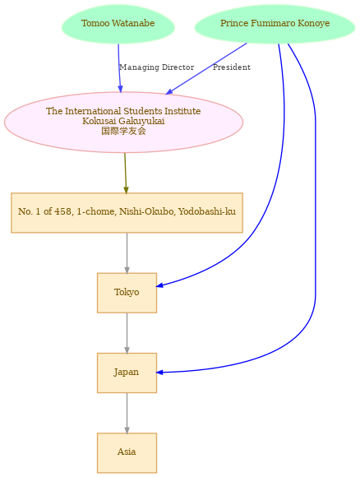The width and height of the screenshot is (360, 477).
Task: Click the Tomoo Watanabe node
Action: pos(118,24)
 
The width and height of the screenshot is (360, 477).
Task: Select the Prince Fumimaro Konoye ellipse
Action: pos(275,24)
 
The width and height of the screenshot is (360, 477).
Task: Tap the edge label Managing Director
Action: pos(157,67)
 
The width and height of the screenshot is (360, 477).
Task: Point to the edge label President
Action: pos(232,67)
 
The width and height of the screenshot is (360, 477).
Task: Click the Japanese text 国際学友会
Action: pos(123,131)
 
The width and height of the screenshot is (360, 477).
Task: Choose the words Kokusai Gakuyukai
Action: pos(123,121)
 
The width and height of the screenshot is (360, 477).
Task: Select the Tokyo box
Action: pos(127,293)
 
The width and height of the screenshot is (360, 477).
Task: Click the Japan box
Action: pos(127,373)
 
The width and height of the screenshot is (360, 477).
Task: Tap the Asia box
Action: pos(127,452)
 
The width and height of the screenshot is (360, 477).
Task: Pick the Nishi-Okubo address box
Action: pos(127,213)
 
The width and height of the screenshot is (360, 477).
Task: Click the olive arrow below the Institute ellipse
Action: pos(125,173)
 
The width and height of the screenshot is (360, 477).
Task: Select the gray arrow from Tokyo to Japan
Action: pos(127,333)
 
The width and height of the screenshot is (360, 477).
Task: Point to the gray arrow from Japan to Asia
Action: pos(127,413)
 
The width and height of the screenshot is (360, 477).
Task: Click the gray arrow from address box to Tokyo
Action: pos(127,252)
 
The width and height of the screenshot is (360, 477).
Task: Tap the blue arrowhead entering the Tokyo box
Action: pos(159,285)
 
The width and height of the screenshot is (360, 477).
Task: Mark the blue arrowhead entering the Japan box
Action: pos(159,373)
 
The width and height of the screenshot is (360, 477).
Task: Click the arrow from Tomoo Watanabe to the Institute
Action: pos(119,68)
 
